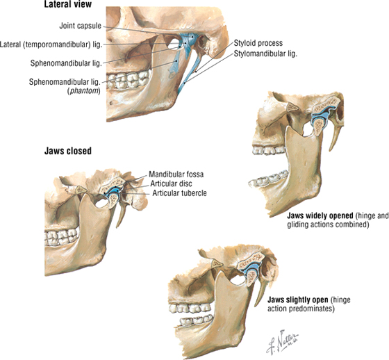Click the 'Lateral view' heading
68,4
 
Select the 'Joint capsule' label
81,26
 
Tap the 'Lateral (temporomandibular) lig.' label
51,44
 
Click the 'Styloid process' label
258,43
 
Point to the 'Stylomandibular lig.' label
265,54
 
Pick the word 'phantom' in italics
84,91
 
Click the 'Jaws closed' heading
68,151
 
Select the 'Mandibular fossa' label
176,174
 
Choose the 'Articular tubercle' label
179,193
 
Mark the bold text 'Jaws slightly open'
298,300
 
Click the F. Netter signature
283,341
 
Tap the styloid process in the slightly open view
260,293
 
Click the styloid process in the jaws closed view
122,214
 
